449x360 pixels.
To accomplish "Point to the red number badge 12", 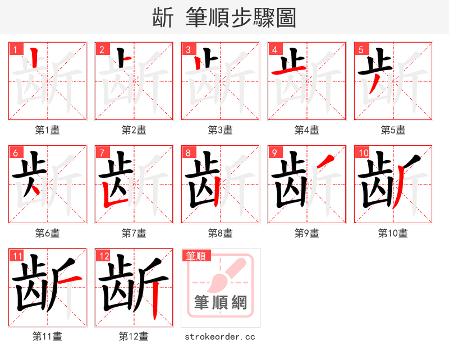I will click(102, 256).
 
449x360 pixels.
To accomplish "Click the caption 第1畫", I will click(47, 130).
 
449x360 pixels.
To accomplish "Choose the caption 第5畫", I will click(393, 130).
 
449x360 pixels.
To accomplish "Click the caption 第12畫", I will click(134, 336).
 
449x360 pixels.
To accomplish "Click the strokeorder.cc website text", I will click(220, 336).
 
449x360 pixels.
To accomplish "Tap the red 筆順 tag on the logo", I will click(196, 256).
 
